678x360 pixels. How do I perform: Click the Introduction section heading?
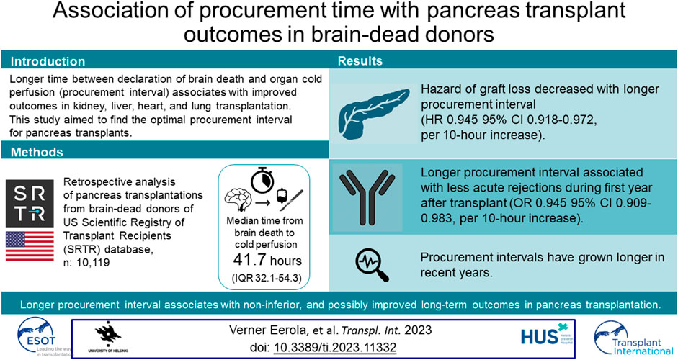48,61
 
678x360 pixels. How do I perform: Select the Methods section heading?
37,152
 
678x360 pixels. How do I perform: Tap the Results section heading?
360,61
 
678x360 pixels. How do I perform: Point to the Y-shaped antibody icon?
367,197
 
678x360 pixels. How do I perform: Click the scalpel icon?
292,201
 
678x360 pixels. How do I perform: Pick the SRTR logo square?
30,204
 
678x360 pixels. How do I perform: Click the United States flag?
30,246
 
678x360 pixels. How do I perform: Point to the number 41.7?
249,260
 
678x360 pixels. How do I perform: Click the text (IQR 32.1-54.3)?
267,278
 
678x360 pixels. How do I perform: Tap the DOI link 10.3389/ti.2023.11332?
335,347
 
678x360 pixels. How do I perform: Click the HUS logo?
547,334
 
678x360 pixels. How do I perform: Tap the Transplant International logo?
633,338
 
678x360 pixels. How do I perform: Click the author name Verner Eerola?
267,330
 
